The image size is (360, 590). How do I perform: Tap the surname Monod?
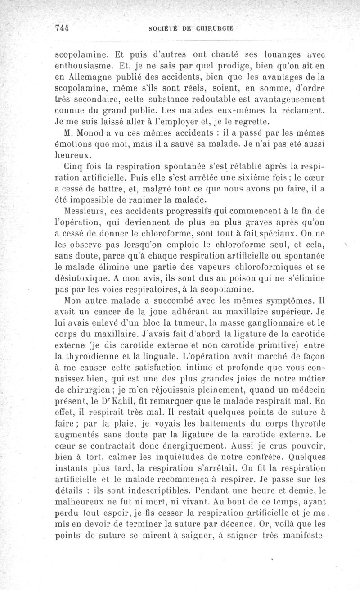point(91,133)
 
